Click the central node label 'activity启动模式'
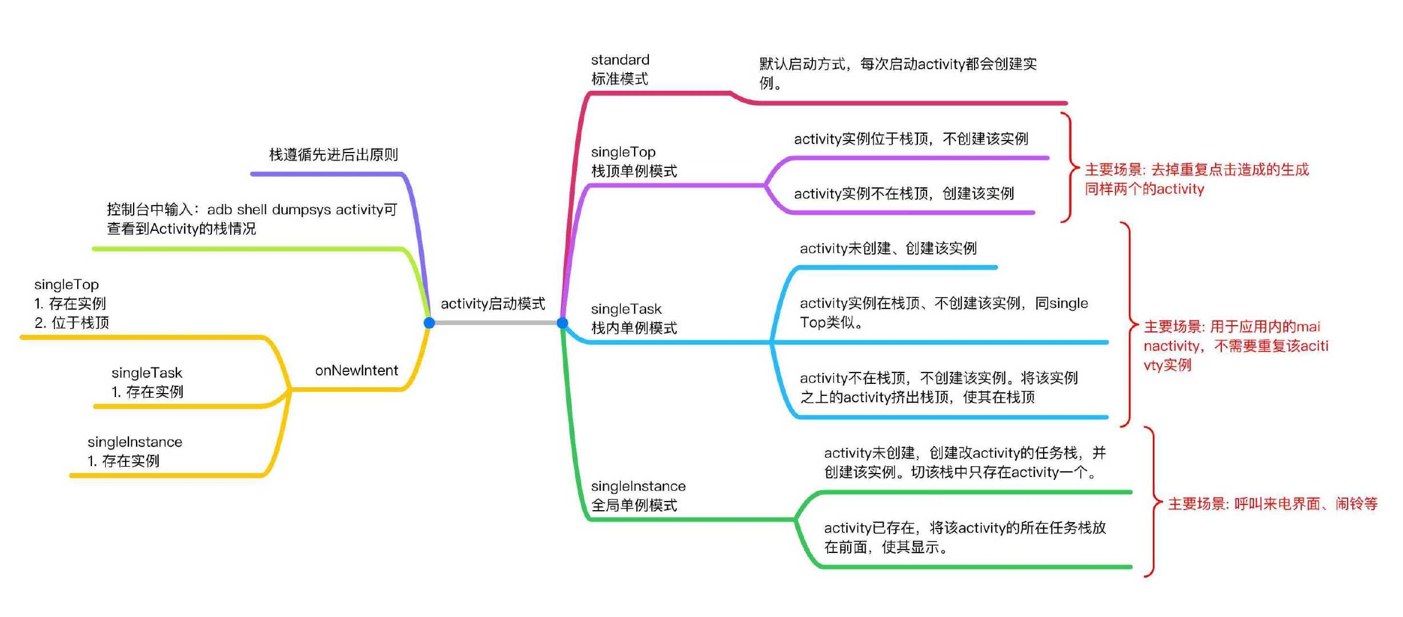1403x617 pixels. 492,303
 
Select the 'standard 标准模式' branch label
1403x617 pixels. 620,69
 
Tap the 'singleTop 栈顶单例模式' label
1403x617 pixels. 634,162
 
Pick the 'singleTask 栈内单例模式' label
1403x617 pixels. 634,318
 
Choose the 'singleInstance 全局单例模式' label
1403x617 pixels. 638,495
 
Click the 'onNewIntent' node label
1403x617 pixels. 356,370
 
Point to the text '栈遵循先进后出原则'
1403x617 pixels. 333,154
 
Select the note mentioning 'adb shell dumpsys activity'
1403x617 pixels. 251,219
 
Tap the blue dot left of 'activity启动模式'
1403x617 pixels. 430,323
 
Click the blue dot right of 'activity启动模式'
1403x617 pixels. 563,323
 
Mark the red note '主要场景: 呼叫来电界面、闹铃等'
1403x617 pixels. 1272,503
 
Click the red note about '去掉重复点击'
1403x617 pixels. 1196,179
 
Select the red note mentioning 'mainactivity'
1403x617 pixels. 1235,345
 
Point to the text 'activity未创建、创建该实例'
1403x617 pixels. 888,248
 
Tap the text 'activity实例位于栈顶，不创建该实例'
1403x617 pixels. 911,138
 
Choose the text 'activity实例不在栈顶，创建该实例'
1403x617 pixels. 904,193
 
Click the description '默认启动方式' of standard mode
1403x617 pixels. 897,73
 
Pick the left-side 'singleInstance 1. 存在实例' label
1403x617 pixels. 134,451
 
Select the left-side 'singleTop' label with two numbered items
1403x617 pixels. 71,303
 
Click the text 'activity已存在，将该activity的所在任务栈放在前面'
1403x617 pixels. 964,537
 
